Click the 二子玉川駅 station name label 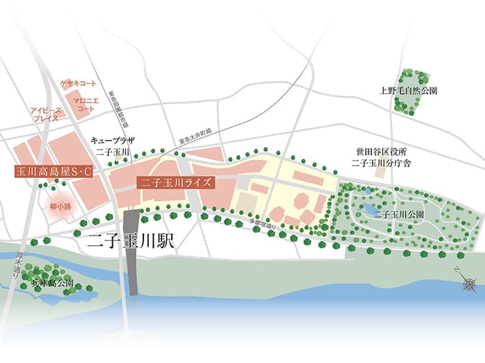click(132, 243)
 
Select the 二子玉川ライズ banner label click(175, 183)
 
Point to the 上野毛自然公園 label click(408, 90)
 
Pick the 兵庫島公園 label click(46, 283)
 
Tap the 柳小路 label click(60, 206)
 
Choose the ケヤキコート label click(78, 84)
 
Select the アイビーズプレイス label click(46, 114)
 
